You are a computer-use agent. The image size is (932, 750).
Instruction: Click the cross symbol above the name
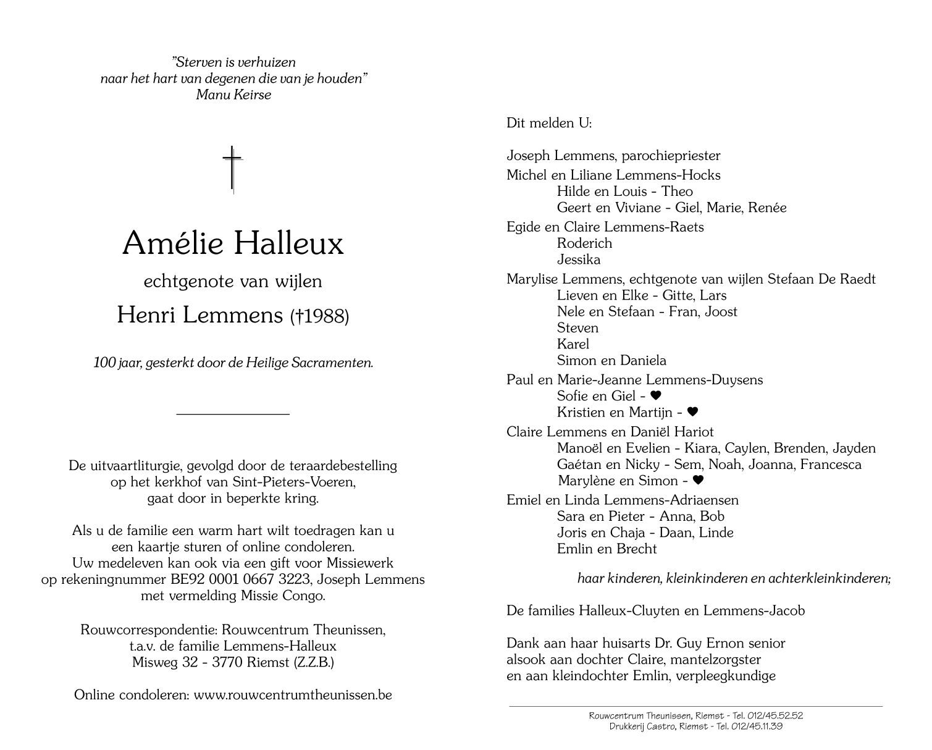233,169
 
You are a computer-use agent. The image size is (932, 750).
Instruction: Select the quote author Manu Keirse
233,95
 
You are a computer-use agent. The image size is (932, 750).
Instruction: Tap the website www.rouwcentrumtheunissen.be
293,694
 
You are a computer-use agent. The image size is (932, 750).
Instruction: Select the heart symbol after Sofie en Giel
656,396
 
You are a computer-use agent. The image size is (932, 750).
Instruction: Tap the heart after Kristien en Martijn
692,412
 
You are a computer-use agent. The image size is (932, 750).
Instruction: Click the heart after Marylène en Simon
698,481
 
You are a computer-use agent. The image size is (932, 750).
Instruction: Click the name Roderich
584,243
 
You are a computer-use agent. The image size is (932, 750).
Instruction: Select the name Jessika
578,259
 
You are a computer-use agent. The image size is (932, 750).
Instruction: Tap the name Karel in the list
573,344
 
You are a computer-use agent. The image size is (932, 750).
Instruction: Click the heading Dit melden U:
549,123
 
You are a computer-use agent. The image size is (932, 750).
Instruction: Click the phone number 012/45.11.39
756,727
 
